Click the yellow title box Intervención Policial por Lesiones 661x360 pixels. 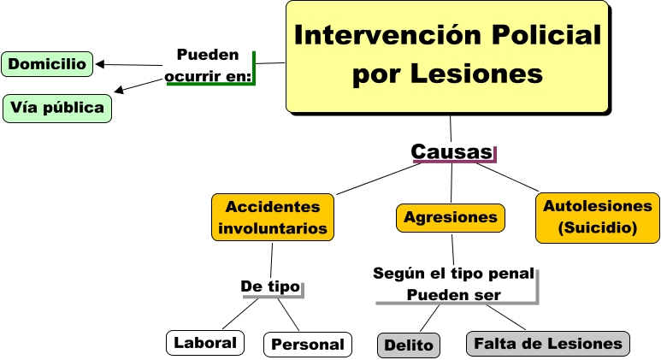tap(447, 56)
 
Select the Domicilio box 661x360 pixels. tap(48, 63)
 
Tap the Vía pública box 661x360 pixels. tap(58, 108)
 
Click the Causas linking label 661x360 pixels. tap(452, 152)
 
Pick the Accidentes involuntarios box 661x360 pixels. tap(273, 217)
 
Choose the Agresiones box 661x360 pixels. tap(450, 217)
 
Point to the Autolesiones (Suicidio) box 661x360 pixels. tap(598, 217)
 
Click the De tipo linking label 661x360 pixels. tap(270, 286)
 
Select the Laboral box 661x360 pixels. tap(204, 343)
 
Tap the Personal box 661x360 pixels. tap(307, 345)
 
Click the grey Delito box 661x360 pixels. tap(409, 345)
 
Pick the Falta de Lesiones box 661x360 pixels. tap(547, 344)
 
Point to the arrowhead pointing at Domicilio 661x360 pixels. tap(99, 64)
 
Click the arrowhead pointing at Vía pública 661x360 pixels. tap(119, 90)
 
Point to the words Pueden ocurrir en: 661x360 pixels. tap(209, 66)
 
